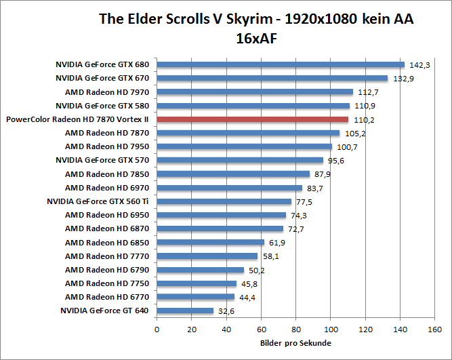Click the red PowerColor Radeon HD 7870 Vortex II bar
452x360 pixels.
(252, 119)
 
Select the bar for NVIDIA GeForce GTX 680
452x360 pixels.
(281, 65)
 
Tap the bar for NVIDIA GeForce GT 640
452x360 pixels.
(185, 311)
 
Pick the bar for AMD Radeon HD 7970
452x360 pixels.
(255, 92)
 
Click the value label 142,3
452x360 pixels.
(419, 65)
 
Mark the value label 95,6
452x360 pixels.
(337, 161)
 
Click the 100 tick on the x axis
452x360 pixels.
(330, 330)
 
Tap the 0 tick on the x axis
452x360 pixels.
(157, 330)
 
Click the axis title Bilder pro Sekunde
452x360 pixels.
(295, 343)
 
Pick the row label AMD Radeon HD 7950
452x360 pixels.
(107, 146)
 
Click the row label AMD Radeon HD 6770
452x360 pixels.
(107, 297)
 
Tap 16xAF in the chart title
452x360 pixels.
(255, 39)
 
